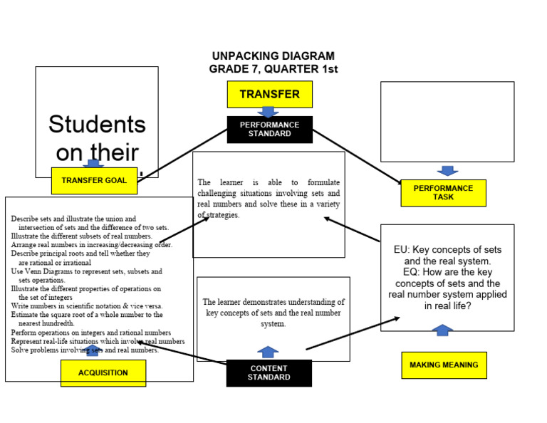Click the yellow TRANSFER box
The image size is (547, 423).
269,94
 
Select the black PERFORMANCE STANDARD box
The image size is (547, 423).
269,129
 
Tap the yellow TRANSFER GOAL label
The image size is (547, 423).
94,180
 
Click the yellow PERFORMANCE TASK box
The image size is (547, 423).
443,193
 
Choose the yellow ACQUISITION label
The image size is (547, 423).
103,372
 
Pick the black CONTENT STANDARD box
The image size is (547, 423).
269,372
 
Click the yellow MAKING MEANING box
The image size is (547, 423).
444,365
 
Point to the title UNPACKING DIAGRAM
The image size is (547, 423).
273,56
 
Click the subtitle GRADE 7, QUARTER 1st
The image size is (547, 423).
273,69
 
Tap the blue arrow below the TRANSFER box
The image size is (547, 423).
268,112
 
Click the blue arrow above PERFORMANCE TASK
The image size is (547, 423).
447,171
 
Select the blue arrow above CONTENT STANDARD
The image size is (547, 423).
268,352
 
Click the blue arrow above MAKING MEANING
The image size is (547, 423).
443,330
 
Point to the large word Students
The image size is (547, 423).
97,125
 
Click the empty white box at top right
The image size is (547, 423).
447,122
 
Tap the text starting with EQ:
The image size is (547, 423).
447,283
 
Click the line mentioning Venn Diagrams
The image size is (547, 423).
86,271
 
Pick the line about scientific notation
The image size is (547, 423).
86,305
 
